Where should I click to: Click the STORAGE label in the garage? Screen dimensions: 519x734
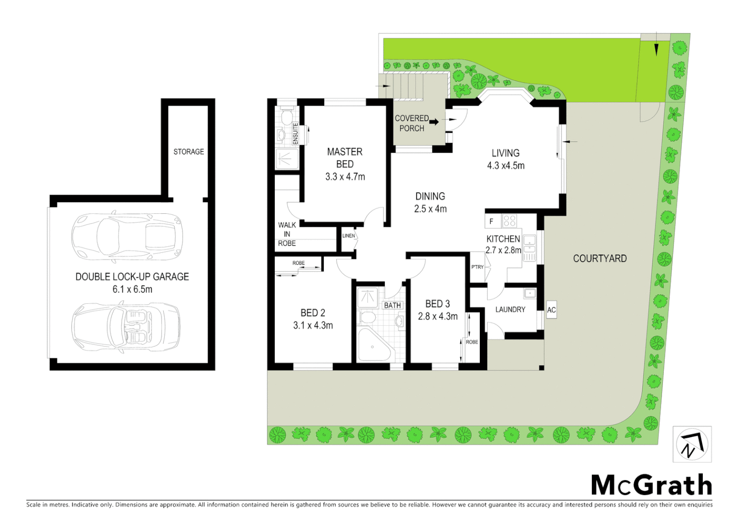[188, 152]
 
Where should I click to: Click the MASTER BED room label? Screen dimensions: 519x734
[344, 158]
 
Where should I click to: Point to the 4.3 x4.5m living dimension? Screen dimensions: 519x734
[505, 166]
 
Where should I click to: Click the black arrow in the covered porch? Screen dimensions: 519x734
[434, 122]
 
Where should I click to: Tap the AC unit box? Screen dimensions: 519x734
[551, 310]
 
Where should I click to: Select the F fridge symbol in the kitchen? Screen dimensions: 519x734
[491, 222]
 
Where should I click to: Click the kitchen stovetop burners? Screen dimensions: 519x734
[509, 221]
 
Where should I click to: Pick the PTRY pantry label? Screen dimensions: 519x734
[477, 267]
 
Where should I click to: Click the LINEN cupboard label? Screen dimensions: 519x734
[348, 236]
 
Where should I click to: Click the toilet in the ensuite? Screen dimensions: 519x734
[287, 116]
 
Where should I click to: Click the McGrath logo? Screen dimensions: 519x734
[651, 485]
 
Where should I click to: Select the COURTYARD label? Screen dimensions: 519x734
[599, 259]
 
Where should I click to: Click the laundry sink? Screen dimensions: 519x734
[529, 293]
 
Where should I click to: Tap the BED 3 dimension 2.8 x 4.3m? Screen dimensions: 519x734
[438, 317]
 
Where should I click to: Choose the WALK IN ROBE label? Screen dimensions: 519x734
[287, 234]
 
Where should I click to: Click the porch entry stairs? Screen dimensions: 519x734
[408, 86]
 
